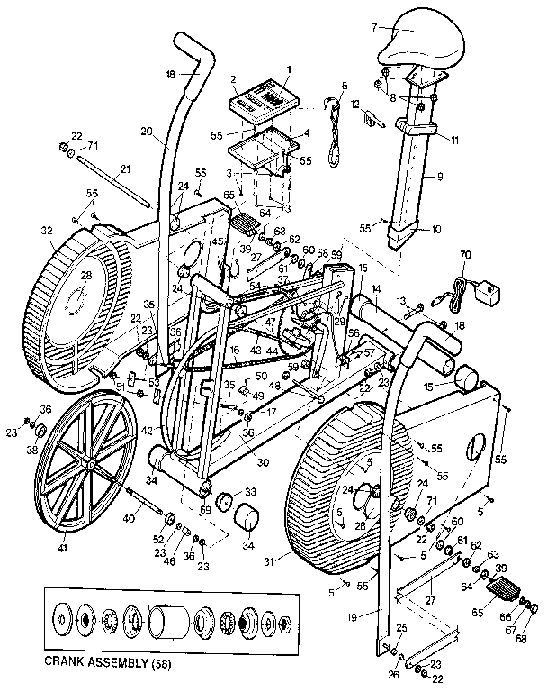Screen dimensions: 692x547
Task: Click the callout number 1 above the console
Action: pos(289,68)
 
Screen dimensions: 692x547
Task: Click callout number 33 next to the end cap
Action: pos(250,491)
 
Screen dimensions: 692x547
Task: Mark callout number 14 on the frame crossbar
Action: pos(376,288)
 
